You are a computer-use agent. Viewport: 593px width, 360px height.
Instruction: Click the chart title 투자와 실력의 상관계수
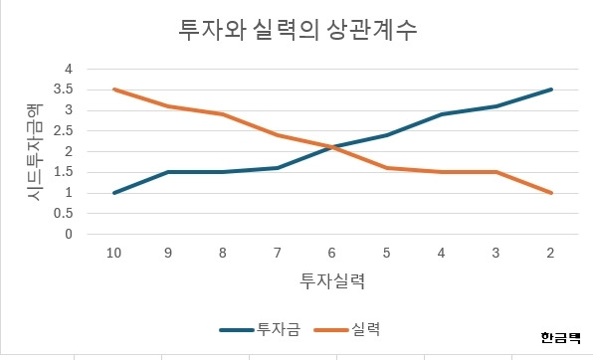296,30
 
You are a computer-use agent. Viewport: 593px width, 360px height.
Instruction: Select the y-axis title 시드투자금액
35,151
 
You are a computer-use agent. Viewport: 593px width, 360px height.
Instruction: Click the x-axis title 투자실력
332,281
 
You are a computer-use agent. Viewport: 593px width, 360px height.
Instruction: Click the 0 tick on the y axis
69,235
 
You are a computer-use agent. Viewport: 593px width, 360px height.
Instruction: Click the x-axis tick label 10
114,254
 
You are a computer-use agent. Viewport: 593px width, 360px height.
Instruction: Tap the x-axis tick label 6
332,254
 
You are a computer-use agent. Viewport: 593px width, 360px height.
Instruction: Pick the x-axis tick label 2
550,254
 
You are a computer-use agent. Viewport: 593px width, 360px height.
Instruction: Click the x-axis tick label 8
223,254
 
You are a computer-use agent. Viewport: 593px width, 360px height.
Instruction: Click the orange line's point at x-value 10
114,90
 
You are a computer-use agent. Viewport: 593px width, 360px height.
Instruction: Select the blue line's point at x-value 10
114,193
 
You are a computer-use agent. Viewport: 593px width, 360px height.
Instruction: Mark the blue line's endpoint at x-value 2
550,90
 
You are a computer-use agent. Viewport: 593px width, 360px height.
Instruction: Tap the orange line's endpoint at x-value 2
550,193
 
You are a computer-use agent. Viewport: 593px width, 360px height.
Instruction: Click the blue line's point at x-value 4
442,114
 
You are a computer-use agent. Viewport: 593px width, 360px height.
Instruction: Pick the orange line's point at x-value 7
278,135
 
